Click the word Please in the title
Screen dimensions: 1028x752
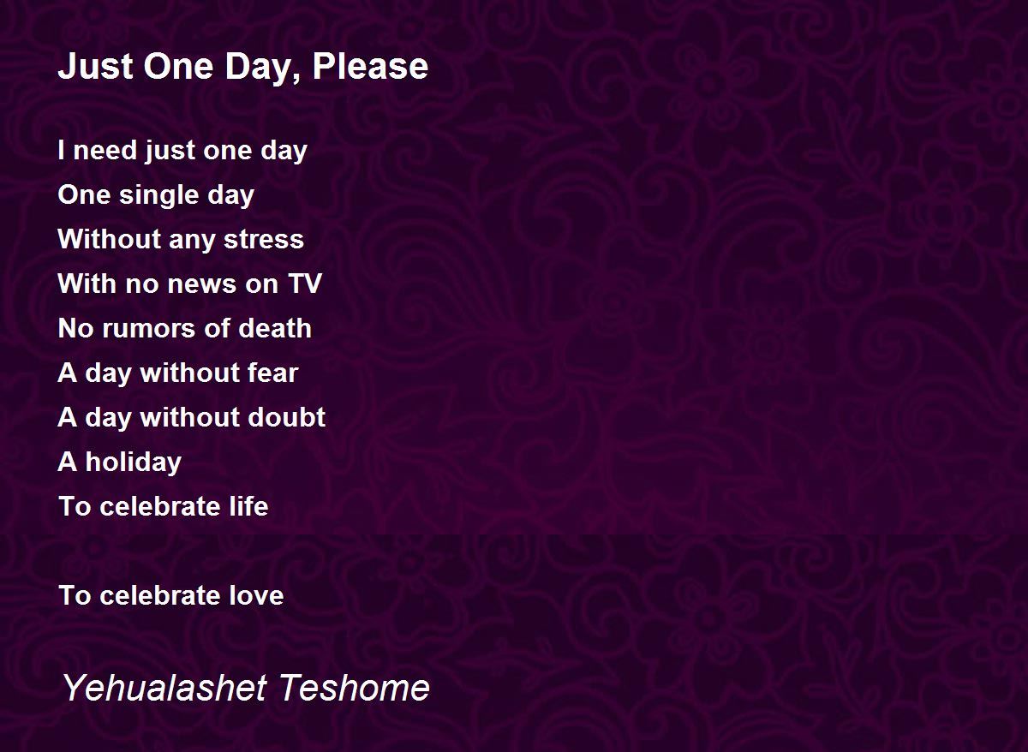(370, 66)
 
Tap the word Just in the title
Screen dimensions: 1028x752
(95, 66)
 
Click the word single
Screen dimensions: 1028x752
(159, 196)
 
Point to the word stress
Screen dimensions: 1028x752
(264, 240)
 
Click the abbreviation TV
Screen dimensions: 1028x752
(305, 283)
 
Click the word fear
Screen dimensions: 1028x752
(272, 372)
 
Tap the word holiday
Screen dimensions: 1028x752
(133, 463)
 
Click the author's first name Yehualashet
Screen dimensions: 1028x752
(164, 687)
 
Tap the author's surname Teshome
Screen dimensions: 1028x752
(354, 687)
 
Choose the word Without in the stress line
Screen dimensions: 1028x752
(108, 239)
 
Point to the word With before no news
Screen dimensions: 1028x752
(87, 283)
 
